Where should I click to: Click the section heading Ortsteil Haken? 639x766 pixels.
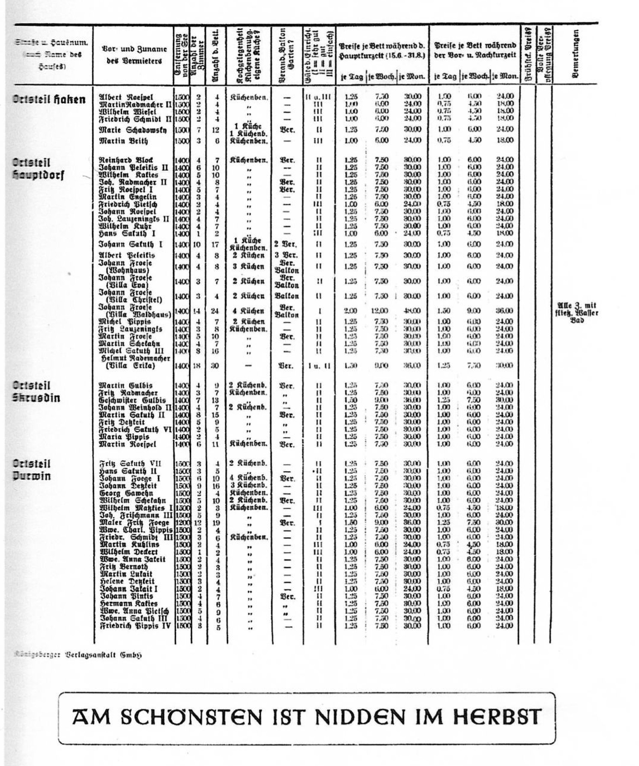(x=49, y=99)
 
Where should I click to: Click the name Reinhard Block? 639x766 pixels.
(x=126, y=160)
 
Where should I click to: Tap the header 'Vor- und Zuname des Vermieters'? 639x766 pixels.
(x=134, y=55)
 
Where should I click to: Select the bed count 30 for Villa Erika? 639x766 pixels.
(x=215, y=365)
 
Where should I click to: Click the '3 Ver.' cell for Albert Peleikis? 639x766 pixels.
(x=286, y=255)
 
